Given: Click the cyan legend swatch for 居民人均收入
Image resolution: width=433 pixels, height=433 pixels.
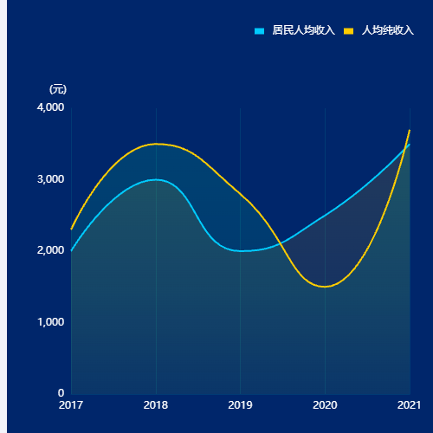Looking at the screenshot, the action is (x=259, y=31).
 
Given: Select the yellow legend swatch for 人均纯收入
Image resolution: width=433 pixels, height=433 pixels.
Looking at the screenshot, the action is (x=348, y=31).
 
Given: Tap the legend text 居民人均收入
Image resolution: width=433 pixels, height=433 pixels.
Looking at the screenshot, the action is (x=303, y=30).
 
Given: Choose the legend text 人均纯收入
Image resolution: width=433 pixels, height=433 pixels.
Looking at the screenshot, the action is (x=388, y=30).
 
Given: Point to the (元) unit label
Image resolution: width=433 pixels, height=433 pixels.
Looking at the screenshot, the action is (x=58, y=89).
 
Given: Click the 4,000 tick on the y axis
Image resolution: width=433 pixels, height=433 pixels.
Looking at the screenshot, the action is (x=50, y=107).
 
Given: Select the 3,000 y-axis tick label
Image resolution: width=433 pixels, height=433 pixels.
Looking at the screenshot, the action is (x=50, y=179).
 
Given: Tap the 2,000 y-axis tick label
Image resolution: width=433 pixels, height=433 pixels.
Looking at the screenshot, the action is (x=50, y=250).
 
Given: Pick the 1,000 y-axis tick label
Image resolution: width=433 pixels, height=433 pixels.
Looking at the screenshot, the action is (x=50, y=322).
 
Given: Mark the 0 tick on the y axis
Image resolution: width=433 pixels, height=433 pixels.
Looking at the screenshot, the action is (x=61, y=393).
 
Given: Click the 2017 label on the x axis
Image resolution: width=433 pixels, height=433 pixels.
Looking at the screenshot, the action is (x=71, y=405).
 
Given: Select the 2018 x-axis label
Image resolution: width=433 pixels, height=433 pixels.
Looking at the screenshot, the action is (x=156, y=405).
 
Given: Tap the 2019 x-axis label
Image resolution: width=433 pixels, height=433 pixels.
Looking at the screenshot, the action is (x=240, y=405).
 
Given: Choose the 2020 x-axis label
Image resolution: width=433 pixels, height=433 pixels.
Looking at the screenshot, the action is (x=325, y=405).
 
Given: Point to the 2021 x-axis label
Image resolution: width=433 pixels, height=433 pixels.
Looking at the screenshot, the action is (x=409, y=405).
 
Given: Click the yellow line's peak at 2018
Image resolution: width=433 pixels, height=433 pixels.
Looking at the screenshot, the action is (x=156, y=144).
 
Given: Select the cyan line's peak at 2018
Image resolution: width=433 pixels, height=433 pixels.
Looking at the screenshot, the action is (x=156, y=179).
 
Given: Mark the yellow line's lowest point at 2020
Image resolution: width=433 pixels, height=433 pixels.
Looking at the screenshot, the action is (x=325, y=287).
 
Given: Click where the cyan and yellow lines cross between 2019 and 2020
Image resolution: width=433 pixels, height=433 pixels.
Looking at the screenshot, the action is (x=281, y=244).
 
